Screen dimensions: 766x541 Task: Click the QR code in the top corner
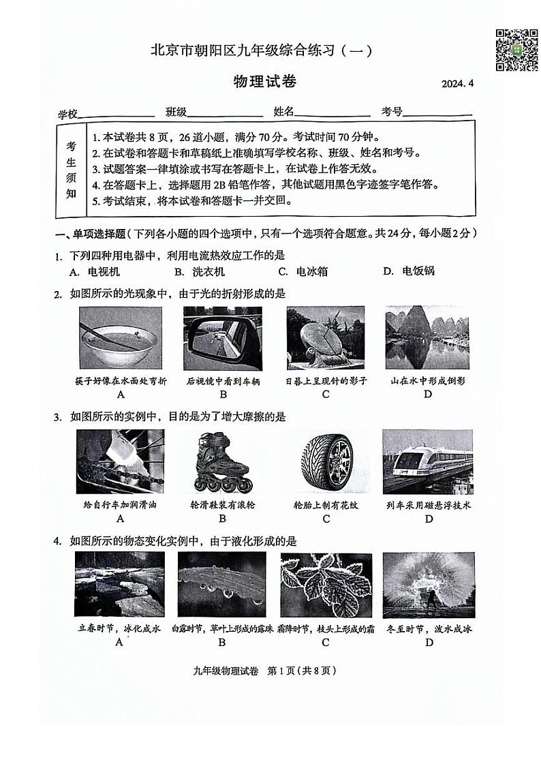click(x=516, y=50)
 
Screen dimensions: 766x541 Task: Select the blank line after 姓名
click(x=333, y=113)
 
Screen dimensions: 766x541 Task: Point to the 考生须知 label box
click(x=71, y=169)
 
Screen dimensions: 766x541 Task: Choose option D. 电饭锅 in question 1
click(x=409, y=271)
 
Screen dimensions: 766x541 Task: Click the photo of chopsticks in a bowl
click(x=121, y=338)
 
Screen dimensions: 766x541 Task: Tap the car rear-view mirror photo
click(x=223, y=338)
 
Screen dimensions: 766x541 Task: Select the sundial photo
click(x=326, y=338)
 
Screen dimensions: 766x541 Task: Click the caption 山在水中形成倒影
click(x=428, y=382)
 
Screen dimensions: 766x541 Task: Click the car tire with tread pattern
click(x=327, y=461)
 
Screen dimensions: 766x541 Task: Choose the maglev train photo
click(x=428, y=461)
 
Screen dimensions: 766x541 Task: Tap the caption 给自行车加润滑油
click(x=120, y=505)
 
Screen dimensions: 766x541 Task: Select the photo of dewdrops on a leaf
click(x=222, y=584)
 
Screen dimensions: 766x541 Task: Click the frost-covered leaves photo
click(x=326, y=584)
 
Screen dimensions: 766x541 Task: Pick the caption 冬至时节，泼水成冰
click(x=429, y=629)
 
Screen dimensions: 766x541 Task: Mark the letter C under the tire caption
click(x=326, y=519)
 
